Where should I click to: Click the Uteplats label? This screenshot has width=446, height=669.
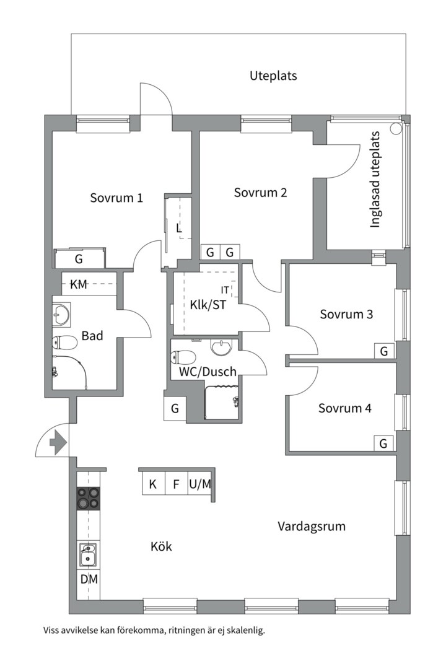pos(273,76)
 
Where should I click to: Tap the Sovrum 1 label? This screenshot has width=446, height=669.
pos(116,198)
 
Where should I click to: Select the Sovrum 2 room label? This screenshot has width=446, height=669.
pos(260,193)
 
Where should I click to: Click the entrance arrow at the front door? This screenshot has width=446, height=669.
pos(57,443)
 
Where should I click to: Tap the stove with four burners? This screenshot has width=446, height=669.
pos(88,498)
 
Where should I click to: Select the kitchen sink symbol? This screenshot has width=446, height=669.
pos(88,554)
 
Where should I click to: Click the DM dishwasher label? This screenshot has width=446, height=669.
pos(89,579)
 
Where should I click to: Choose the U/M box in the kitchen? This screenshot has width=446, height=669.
pos(199,484)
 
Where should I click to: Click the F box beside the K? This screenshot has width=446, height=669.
pos(176,484)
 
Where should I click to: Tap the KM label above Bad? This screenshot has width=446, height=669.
pos(79,285)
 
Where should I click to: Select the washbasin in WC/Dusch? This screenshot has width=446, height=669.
pos(221,349)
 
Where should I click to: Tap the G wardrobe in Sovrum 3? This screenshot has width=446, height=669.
pos(383,351)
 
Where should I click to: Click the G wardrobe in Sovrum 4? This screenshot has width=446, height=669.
pos(383,444)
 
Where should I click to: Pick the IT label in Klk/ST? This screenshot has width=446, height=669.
pos(225,290)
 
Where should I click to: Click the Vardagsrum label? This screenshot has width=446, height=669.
pos(311,527)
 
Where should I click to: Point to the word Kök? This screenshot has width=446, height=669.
pos(161,547)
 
